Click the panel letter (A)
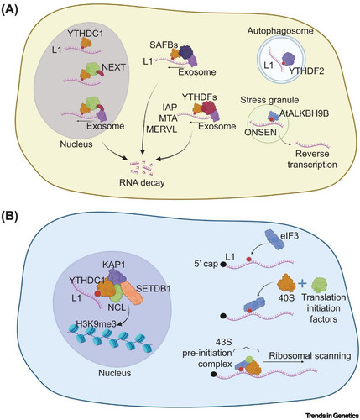9,10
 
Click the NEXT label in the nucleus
113,68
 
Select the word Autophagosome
280,31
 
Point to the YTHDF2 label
306,71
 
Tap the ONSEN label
260,132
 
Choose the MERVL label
162,130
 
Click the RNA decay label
141,183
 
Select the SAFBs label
164,44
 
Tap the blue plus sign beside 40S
302,284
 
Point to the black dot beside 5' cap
223,264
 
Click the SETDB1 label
154,288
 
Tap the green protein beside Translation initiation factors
320,285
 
